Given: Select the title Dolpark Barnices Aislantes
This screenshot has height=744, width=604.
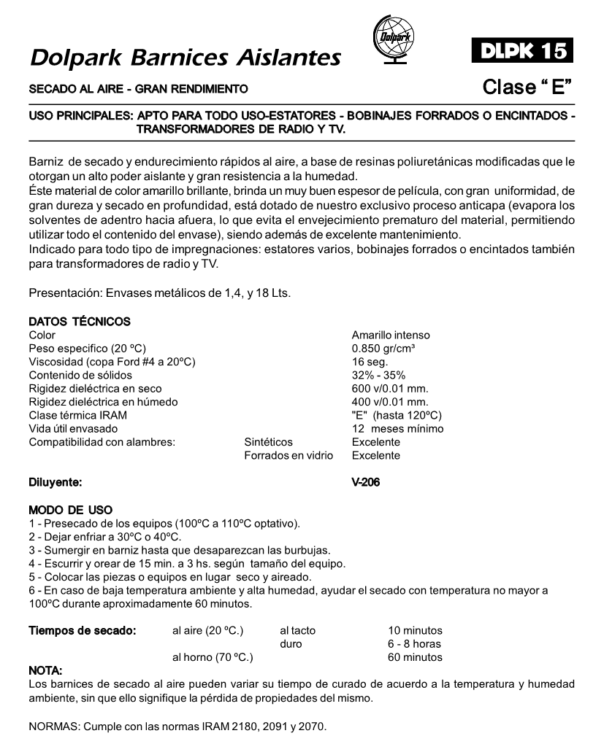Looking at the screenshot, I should tap(186, 57).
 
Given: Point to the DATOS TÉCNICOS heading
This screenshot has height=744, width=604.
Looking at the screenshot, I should tap(80, 322).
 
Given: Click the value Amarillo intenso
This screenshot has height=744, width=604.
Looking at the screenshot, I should tap(391, 336).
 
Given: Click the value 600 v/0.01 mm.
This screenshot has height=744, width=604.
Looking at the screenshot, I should tap(389, 389).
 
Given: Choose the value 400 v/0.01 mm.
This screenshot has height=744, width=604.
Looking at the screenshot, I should tap(389, 402).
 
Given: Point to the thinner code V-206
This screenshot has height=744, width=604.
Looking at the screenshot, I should tap(366, 482).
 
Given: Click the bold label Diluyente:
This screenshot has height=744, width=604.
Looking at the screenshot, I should tap(56, 482).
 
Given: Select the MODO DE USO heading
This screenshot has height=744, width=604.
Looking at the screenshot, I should tap(70, 510).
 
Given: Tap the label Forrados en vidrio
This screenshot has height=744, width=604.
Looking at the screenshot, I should tap(288, 455).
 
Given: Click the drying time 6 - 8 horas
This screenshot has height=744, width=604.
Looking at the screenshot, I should tap(414, 644).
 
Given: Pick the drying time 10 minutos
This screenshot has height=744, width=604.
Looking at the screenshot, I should tap(415, 630).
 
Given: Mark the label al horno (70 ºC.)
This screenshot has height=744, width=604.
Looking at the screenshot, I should tap(213, 657).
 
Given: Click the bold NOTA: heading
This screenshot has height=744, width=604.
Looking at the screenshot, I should tap(45, 670).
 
